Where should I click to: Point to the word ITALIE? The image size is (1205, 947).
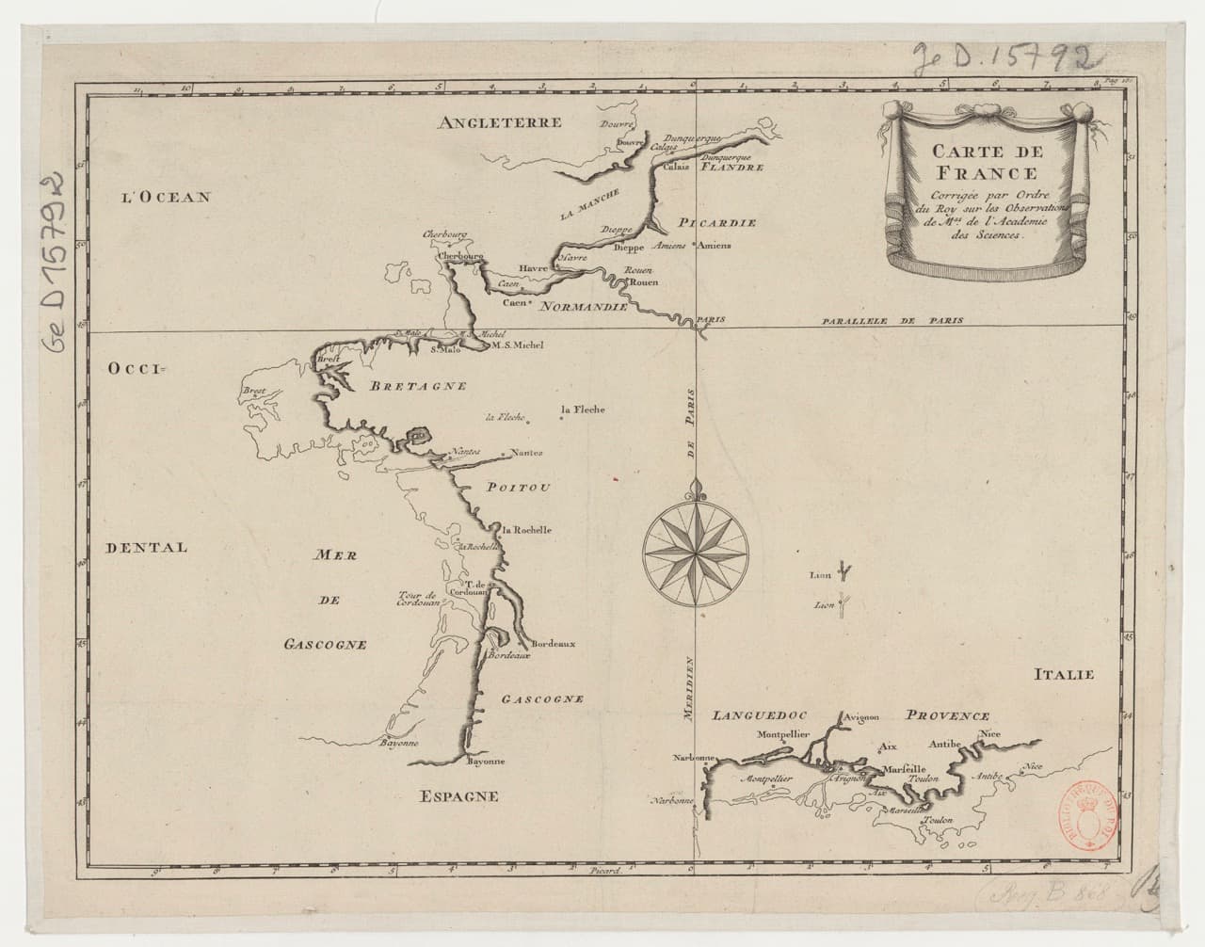1065,674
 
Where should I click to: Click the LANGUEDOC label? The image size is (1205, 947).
761,716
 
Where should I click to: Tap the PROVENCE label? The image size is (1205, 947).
948,716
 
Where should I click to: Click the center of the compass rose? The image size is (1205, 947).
698,550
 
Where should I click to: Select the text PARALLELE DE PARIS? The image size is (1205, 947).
888,321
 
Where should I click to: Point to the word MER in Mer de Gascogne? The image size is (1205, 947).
338,557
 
